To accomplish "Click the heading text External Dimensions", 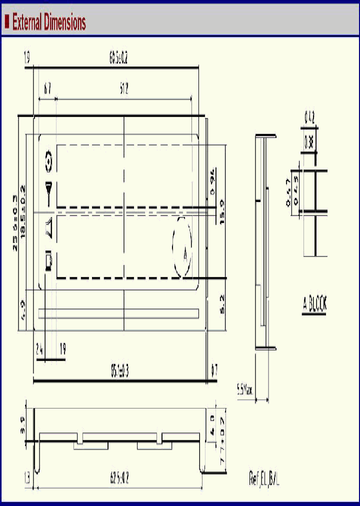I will pyautogui.click(x=49, y=22).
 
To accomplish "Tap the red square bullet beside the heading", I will pyautogui.click(x=7, y=21).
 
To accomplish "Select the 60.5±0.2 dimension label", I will pyautogui.click(x=118, y=59).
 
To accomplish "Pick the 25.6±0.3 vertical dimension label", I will pyautogui.click(x=15, y=223).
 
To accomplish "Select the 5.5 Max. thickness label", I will pyautogui.click(x=245, y=388).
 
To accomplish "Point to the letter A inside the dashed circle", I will pyautogui.click(x=185, y=255).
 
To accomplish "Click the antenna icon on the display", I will pyautogui.click(x=48, y=192).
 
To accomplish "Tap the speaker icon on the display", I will pyautogui.click(x=48, y=228).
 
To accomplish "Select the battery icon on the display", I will pyautogui.click(x=48, y=261).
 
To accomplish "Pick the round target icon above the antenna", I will pyautogui.click(x=48, y=161).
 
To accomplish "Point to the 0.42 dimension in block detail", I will pyautogui.click(x=309, y=118).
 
